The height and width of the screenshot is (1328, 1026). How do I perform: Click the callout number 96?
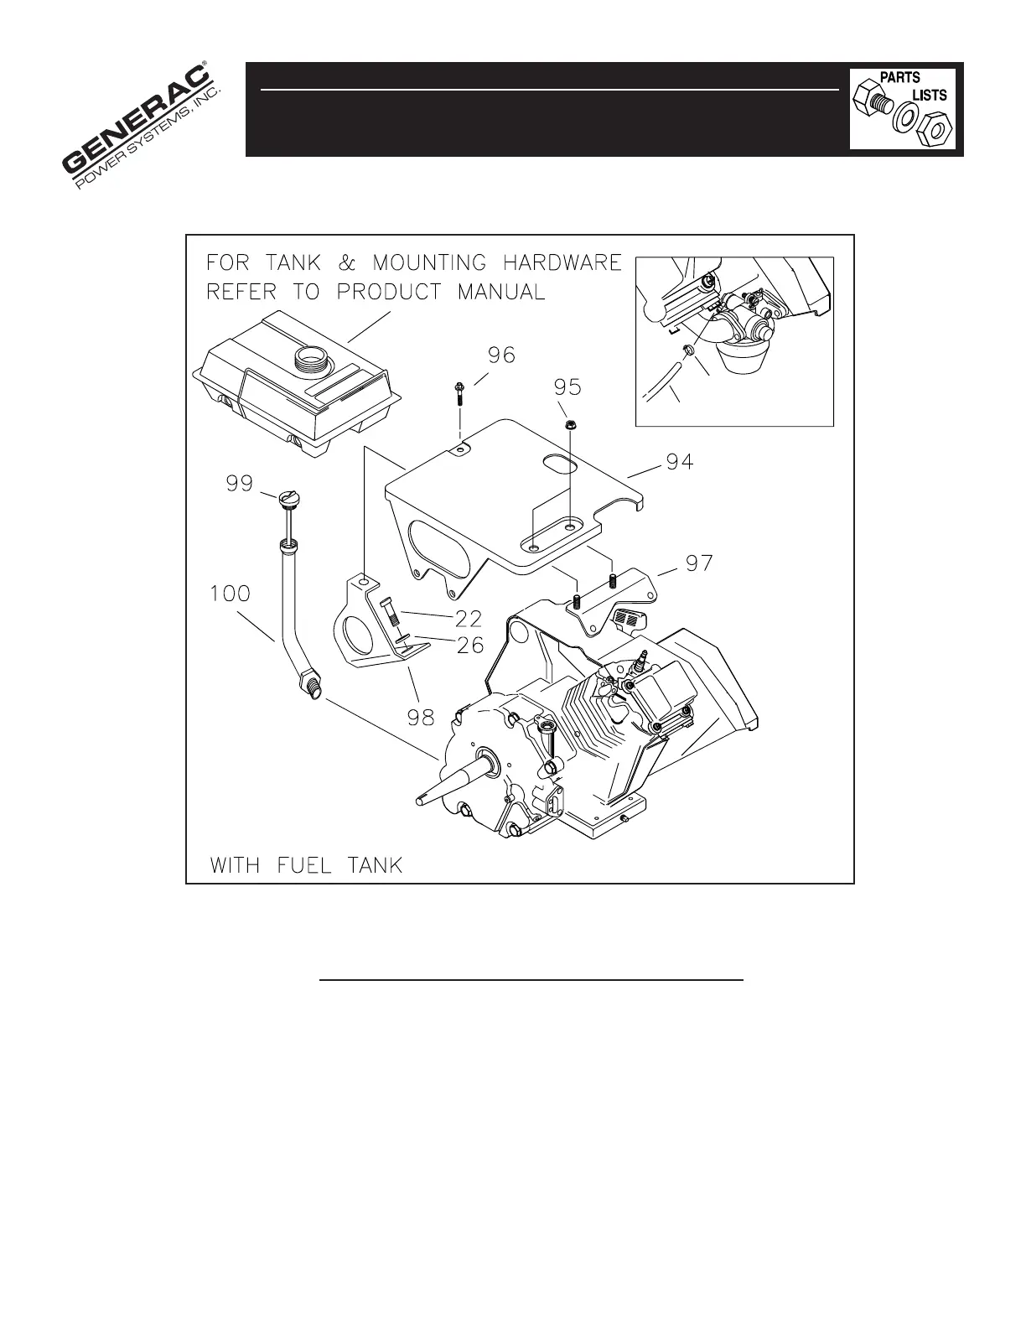(501, 355)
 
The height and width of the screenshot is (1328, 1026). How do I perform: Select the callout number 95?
(567, 388)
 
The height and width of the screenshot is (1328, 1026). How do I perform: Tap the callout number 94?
(679, 461)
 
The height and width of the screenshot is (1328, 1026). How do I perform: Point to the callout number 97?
(699, 563)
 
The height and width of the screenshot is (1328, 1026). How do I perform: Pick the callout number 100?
(230, 594)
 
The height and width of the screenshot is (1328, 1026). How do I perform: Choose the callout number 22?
(468, 619)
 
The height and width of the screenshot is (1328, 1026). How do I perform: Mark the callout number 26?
(468, 646)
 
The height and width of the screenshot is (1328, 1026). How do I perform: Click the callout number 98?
(420, 717)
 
